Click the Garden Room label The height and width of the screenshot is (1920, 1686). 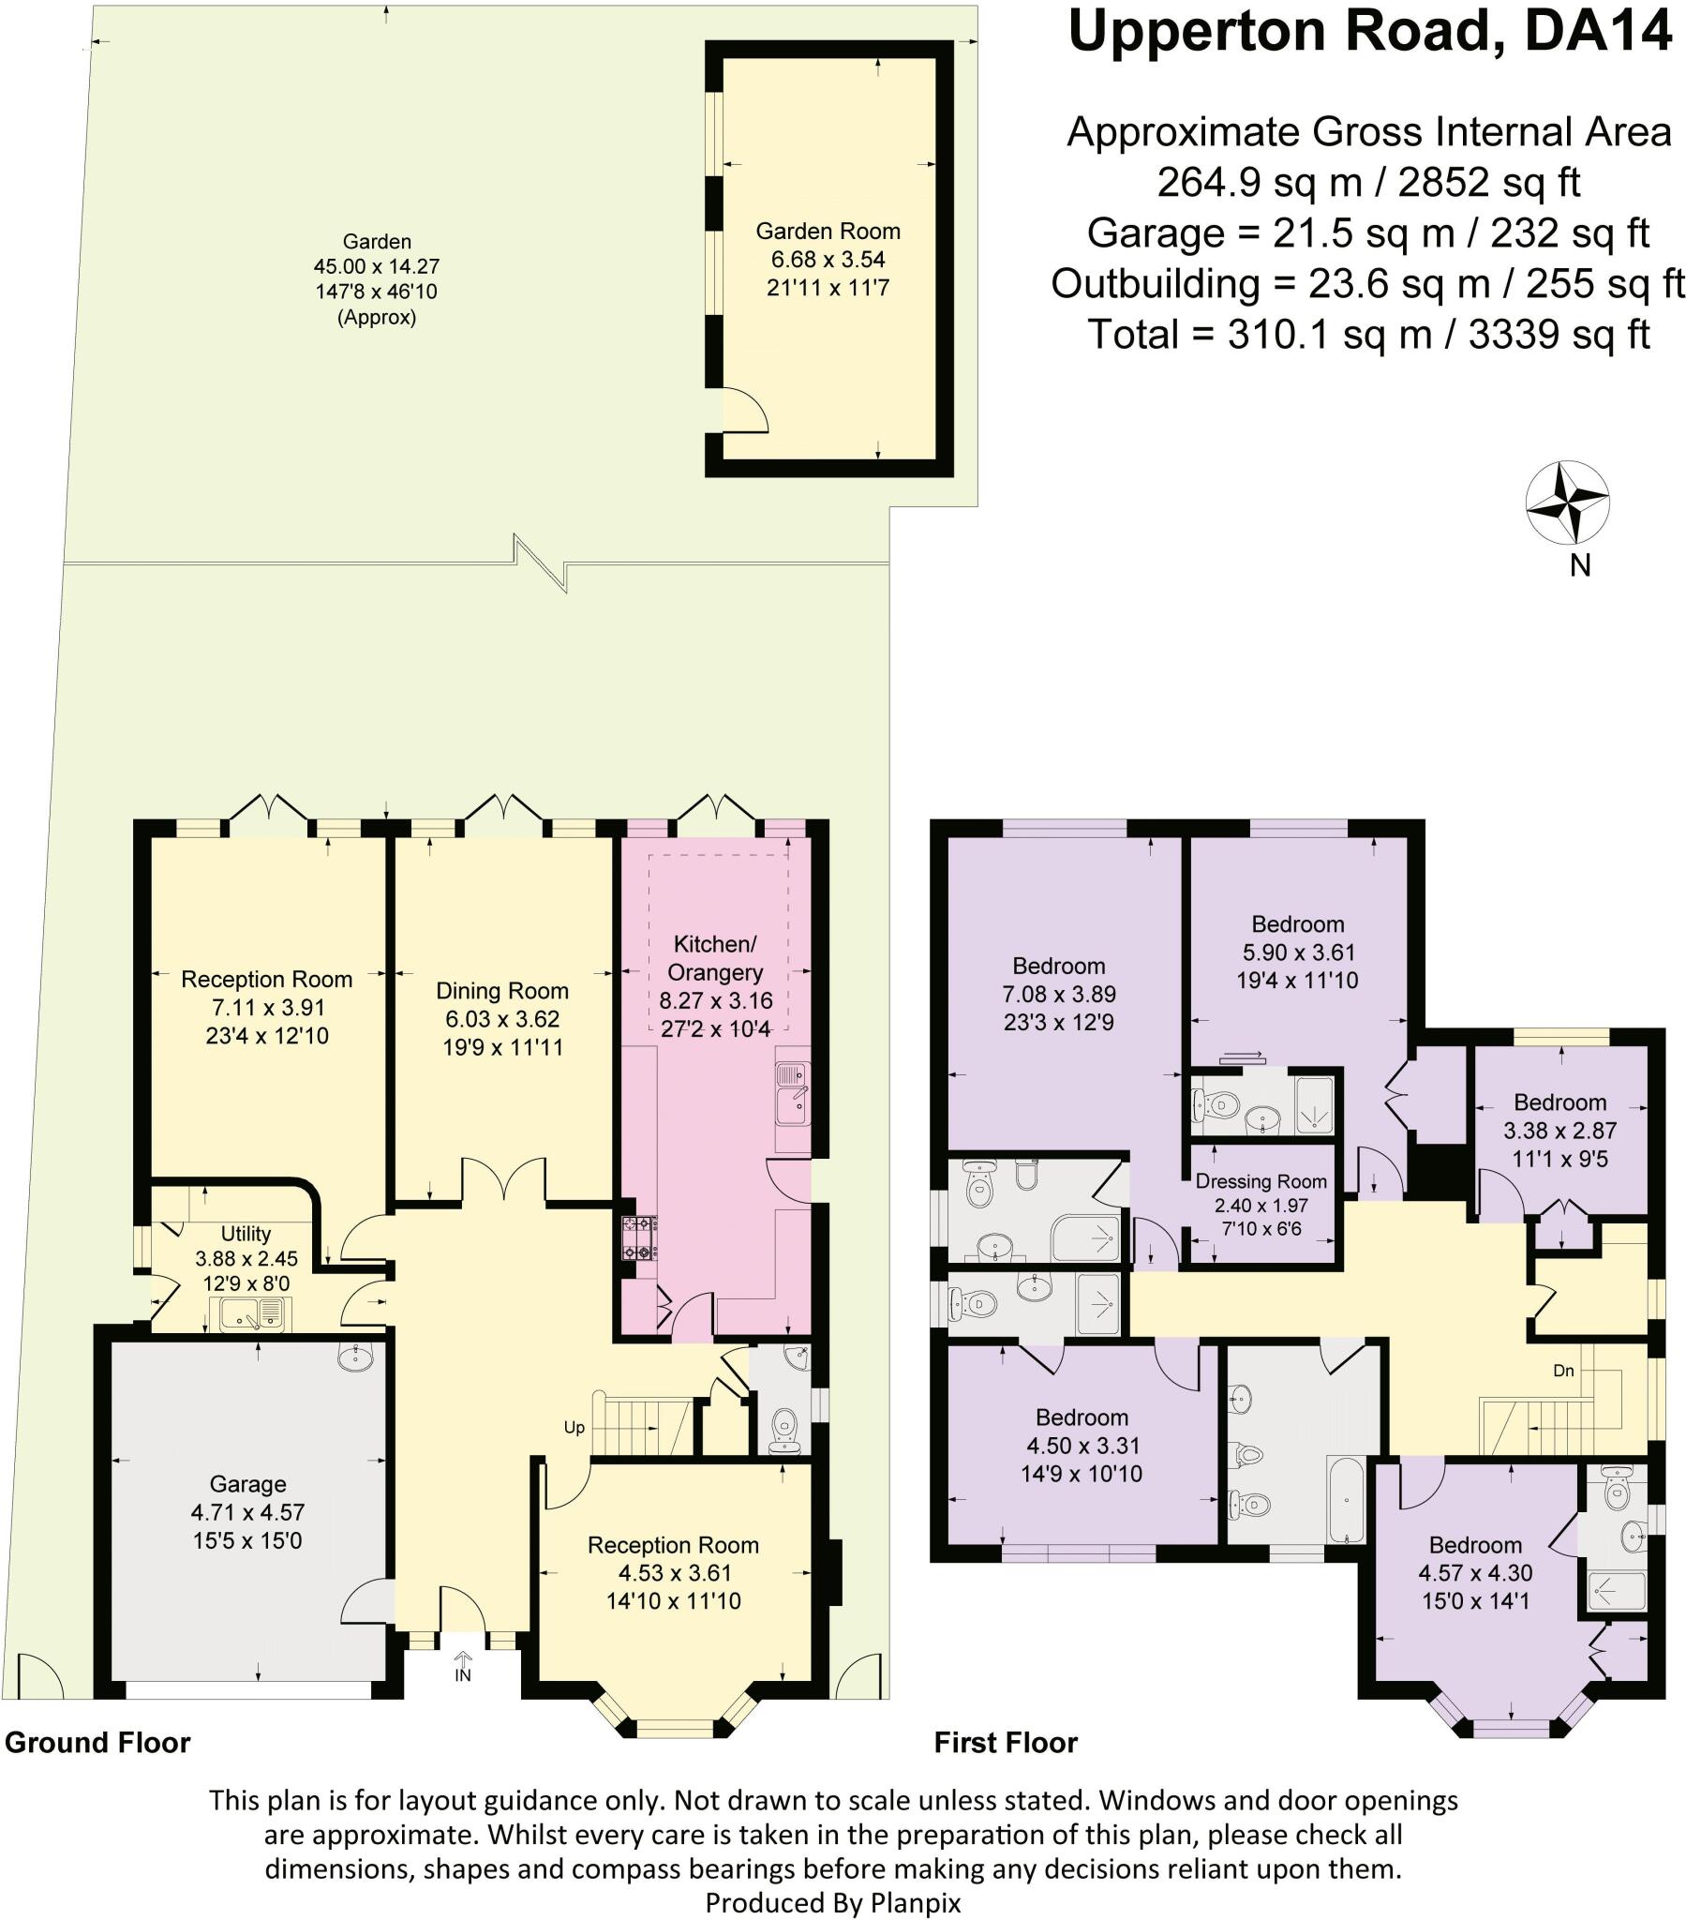(x=828, y=231)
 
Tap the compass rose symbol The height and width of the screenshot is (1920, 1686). (x=1566, y=502)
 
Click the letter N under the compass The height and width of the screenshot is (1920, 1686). (x=1580, y=565)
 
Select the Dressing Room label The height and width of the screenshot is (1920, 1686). (x=1261, y=1181)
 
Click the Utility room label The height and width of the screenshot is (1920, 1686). (x=246, y=1234)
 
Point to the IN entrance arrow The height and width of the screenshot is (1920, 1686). (x=462, y=1668)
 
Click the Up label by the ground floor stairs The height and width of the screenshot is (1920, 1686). (x=574, y=1428)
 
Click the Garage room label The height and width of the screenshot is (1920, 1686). (x=247, y=1484)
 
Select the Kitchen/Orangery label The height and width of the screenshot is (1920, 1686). (x=715, y=958)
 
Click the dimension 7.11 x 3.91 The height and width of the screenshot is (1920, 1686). (x=267, y=1008)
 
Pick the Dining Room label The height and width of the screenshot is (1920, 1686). (x=501, y=991)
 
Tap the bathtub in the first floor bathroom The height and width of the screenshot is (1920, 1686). (x=1346, y=1499)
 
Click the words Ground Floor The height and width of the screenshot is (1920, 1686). (x=97, y=1743)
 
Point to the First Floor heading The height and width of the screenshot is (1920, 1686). (x=1005, y=1744)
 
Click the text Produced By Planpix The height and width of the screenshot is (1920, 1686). (x=832, y=1903)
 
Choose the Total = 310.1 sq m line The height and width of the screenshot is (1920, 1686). (x=1368, y=335)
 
